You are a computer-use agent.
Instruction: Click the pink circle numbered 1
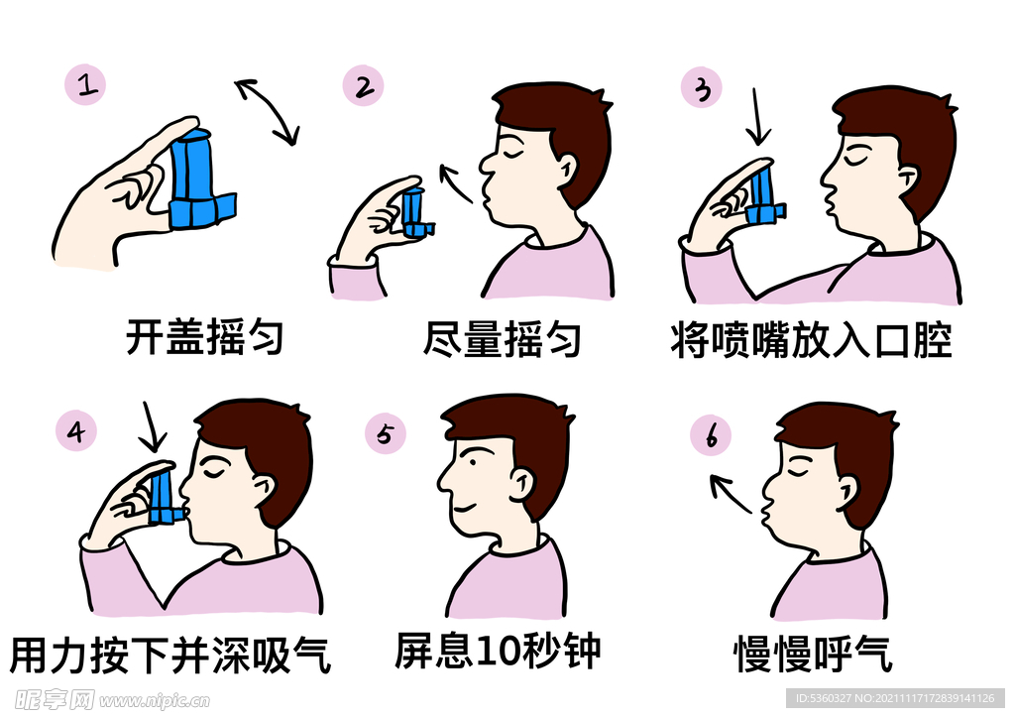[85, 85]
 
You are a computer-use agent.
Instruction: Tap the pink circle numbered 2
[363, 85]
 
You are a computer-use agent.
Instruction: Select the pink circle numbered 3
[702, 87]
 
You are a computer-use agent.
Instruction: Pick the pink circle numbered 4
[76, 431]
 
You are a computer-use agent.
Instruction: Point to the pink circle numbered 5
[386, 433]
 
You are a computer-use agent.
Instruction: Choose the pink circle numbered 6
[711, 435]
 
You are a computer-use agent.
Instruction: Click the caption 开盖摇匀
[205, 336]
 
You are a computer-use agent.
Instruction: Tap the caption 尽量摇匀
[502, 339]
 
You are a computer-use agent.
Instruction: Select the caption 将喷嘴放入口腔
[812, 340]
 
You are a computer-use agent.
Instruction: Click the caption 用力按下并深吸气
[170, 656]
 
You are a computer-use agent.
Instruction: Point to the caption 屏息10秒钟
[498, 651]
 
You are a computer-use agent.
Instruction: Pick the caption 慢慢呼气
[813, 654]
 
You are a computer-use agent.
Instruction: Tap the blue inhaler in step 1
[201, 179]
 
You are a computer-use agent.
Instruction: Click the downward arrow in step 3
[756, 117]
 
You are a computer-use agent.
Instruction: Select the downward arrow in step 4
[152, 426]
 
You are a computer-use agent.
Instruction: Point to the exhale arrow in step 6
[731, 493]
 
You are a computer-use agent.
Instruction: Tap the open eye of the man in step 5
[474, 462]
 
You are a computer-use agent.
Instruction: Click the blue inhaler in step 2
[417, 213]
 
